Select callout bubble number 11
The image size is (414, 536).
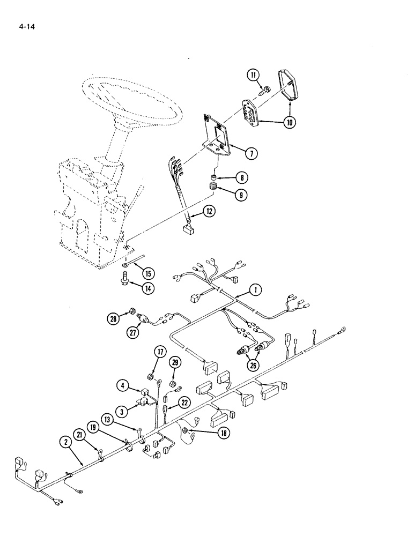coord(253,75)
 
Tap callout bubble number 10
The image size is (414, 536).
coord(290,122)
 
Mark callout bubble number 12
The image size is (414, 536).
coord(209,212)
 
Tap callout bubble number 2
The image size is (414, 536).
coord(66,443)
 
